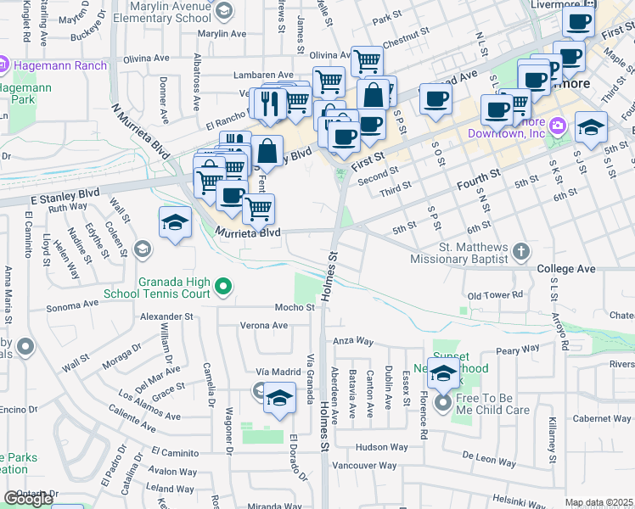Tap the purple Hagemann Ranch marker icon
4,64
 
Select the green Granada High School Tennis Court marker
223,288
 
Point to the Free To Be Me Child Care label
494,404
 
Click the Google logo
28,499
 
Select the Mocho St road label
294,307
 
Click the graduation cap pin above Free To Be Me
444,372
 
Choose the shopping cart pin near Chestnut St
366,60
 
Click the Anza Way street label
353,340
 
